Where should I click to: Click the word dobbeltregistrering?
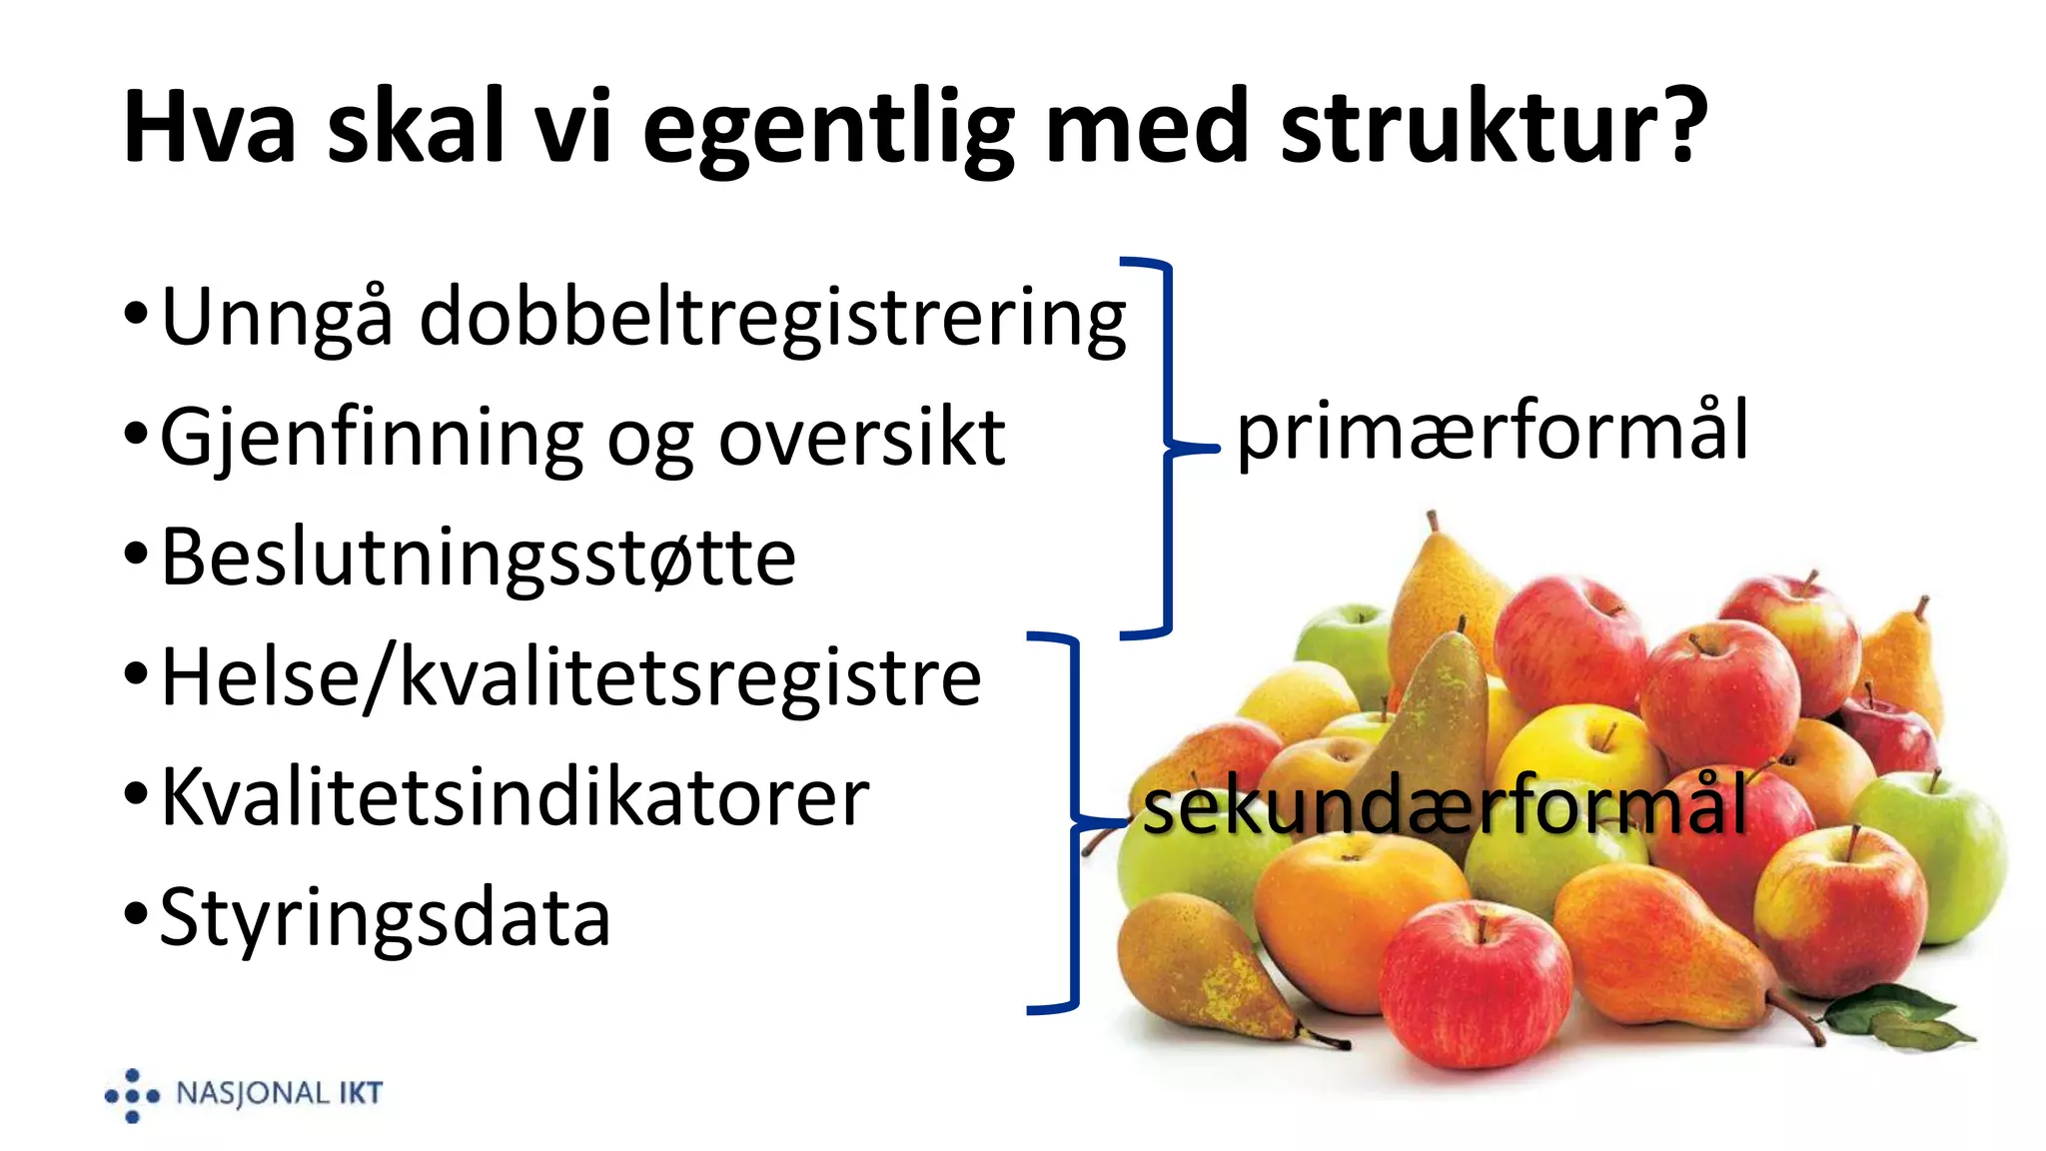point(772,318)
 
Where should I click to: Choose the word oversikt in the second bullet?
point(861,438)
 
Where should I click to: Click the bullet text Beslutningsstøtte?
point(478,558)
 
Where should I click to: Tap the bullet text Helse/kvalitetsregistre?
point(570,677)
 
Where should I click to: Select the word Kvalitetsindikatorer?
point(514,797)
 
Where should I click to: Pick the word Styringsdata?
point(385,917)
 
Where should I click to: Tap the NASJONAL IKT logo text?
point(279,1093)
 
